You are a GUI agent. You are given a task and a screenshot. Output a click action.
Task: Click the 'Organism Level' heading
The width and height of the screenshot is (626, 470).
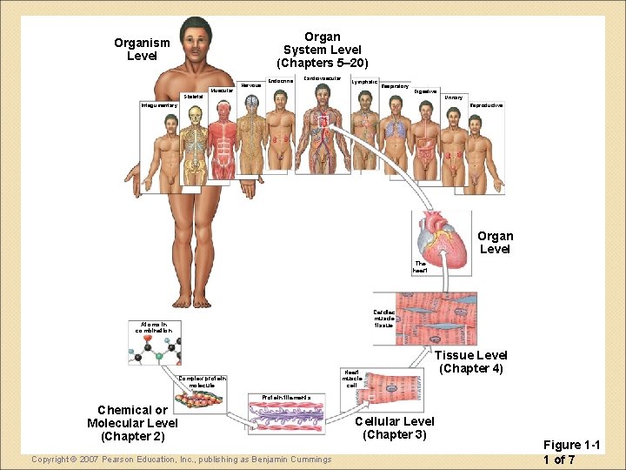[142, 49]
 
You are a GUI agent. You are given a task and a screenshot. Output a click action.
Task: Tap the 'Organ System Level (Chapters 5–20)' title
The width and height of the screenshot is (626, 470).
[322, 50]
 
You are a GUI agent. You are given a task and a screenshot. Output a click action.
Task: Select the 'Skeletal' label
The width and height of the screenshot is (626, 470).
[193, 96]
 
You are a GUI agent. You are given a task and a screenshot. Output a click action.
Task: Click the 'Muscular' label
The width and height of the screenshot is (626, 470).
[222, 90]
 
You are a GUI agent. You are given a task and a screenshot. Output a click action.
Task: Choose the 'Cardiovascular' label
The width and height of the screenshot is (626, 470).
[322, 78]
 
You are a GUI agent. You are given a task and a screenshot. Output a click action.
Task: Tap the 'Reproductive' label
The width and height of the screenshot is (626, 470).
[486, 105]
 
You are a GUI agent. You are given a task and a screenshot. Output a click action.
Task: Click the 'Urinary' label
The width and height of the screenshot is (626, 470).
[453, 97]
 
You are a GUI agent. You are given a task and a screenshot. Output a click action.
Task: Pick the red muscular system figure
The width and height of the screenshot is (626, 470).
[223, 139]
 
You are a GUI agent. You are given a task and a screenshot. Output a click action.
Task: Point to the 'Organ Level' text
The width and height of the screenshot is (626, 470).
[495, 242]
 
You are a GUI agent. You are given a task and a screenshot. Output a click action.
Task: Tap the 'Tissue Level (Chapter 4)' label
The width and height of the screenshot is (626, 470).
[470, 361]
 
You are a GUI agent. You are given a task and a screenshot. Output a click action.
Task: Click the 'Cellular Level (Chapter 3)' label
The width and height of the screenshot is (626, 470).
[394, 427]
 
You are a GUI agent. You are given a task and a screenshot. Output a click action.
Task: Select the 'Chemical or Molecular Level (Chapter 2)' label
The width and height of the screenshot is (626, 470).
[132, 422]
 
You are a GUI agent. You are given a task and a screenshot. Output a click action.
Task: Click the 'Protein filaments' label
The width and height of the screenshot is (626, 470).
[274, 397]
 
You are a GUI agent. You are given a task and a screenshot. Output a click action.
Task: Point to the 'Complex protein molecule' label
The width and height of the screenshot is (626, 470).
[203, 381]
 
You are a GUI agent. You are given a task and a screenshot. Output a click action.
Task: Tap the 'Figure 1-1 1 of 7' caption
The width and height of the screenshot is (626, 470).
[571, 452]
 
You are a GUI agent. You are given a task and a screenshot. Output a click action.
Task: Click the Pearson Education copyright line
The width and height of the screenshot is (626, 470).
[181, 459]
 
